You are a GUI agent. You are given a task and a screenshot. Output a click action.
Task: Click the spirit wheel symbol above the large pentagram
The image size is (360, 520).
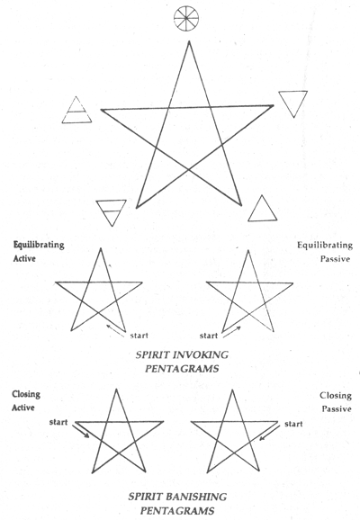186,19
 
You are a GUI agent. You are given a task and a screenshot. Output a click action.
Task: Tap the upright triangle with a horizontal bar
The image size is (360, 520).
76,112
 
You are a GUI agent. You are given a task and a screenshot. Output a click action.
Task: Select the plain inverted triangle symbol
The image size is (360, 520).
293,101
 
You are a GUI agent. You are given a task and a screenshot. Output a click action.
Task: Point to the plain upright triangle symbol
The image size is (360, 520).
262,211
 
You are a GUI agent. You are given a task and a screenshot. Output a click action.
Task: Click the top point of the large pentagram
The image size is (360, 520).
189,41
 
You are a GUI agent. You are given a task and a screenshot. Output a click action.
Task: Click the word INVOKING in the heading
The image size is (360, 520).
200,354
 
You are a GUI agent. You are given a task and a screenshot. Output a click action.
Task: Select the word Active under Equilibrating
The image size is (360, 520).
24,258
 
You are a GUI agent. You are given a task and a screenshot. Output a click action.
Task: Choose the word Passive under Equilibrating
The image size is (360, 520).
335,259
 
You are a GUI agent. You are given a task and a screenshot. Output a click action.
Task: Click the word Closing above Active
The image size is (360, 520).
26,394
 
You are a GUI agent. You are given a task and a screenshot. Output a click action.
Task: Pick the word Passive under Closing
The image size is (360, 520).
337,408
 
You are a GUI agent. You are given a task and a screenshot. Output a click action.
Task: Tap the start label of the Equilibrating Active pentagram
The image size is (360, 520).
139,336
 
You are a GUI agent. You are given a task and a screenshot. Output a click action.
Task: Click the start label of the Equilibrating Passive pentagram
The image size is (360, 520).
209,336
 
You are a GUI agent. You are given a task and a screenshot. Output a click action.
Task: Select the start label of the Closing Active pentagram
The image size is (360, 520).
58,422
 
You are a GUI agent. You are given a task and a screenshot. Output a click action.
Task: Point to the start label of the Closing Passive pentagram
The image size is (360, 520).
293,424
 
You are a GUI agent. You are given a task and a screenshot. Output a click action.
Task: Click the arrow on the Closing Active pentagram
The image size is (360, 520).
81,431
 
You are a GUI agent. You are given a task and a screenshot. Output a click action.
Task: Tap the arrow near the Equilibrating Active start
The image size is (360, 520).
115,331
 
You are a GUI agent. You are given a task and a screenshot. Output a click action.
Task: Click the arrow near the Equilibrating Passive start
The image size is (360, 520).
232,332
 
